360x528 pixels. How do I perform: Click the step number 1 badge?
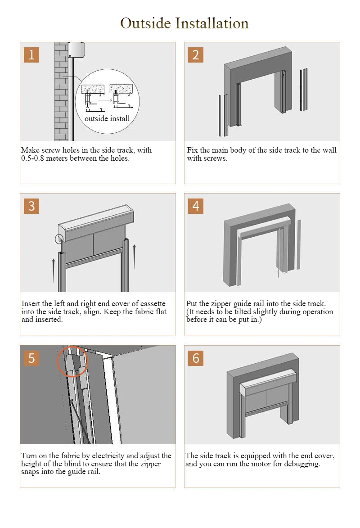click(x=31, y=55)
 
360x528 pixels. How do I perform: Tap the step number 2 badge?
click(x=196, y=55)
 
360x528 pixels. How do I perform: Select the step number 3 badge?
click(x=31, y=206)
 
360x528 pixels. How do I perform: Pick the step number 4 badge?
click(x=196, y=206)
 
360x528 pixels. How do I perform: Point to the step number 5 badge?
click(x=31, y=358)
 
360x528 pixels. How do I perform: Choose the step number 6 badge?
click(x=196, y=358)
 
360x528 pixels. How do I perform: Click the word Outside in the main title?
click(x=145, y=23)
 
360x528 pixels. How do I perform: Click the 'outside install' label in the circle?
click(x=107, y=119)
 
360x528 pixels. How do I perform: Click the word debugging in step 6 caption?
click(x=301, y=464)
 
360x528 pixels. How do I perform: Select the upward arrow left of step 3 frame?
click(x=54, y=270)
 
